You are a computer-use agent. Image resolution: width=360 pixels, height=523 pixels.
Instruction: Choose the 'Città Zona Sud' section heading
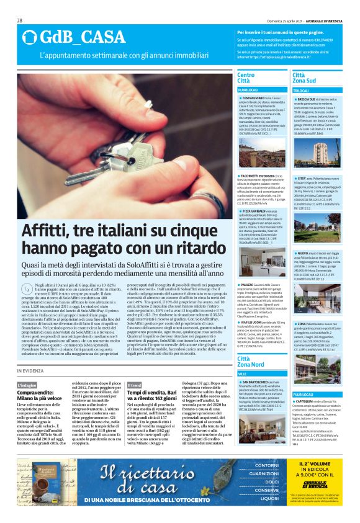click(304, 78)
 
